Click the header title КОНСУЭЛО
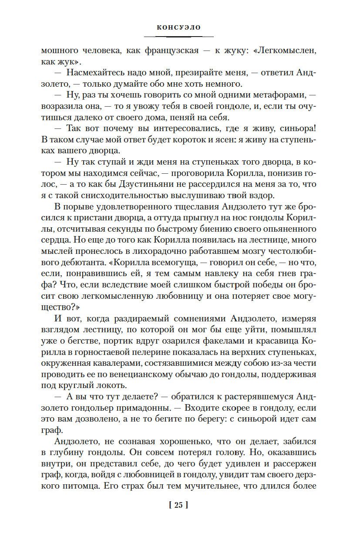pos(179,27)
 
